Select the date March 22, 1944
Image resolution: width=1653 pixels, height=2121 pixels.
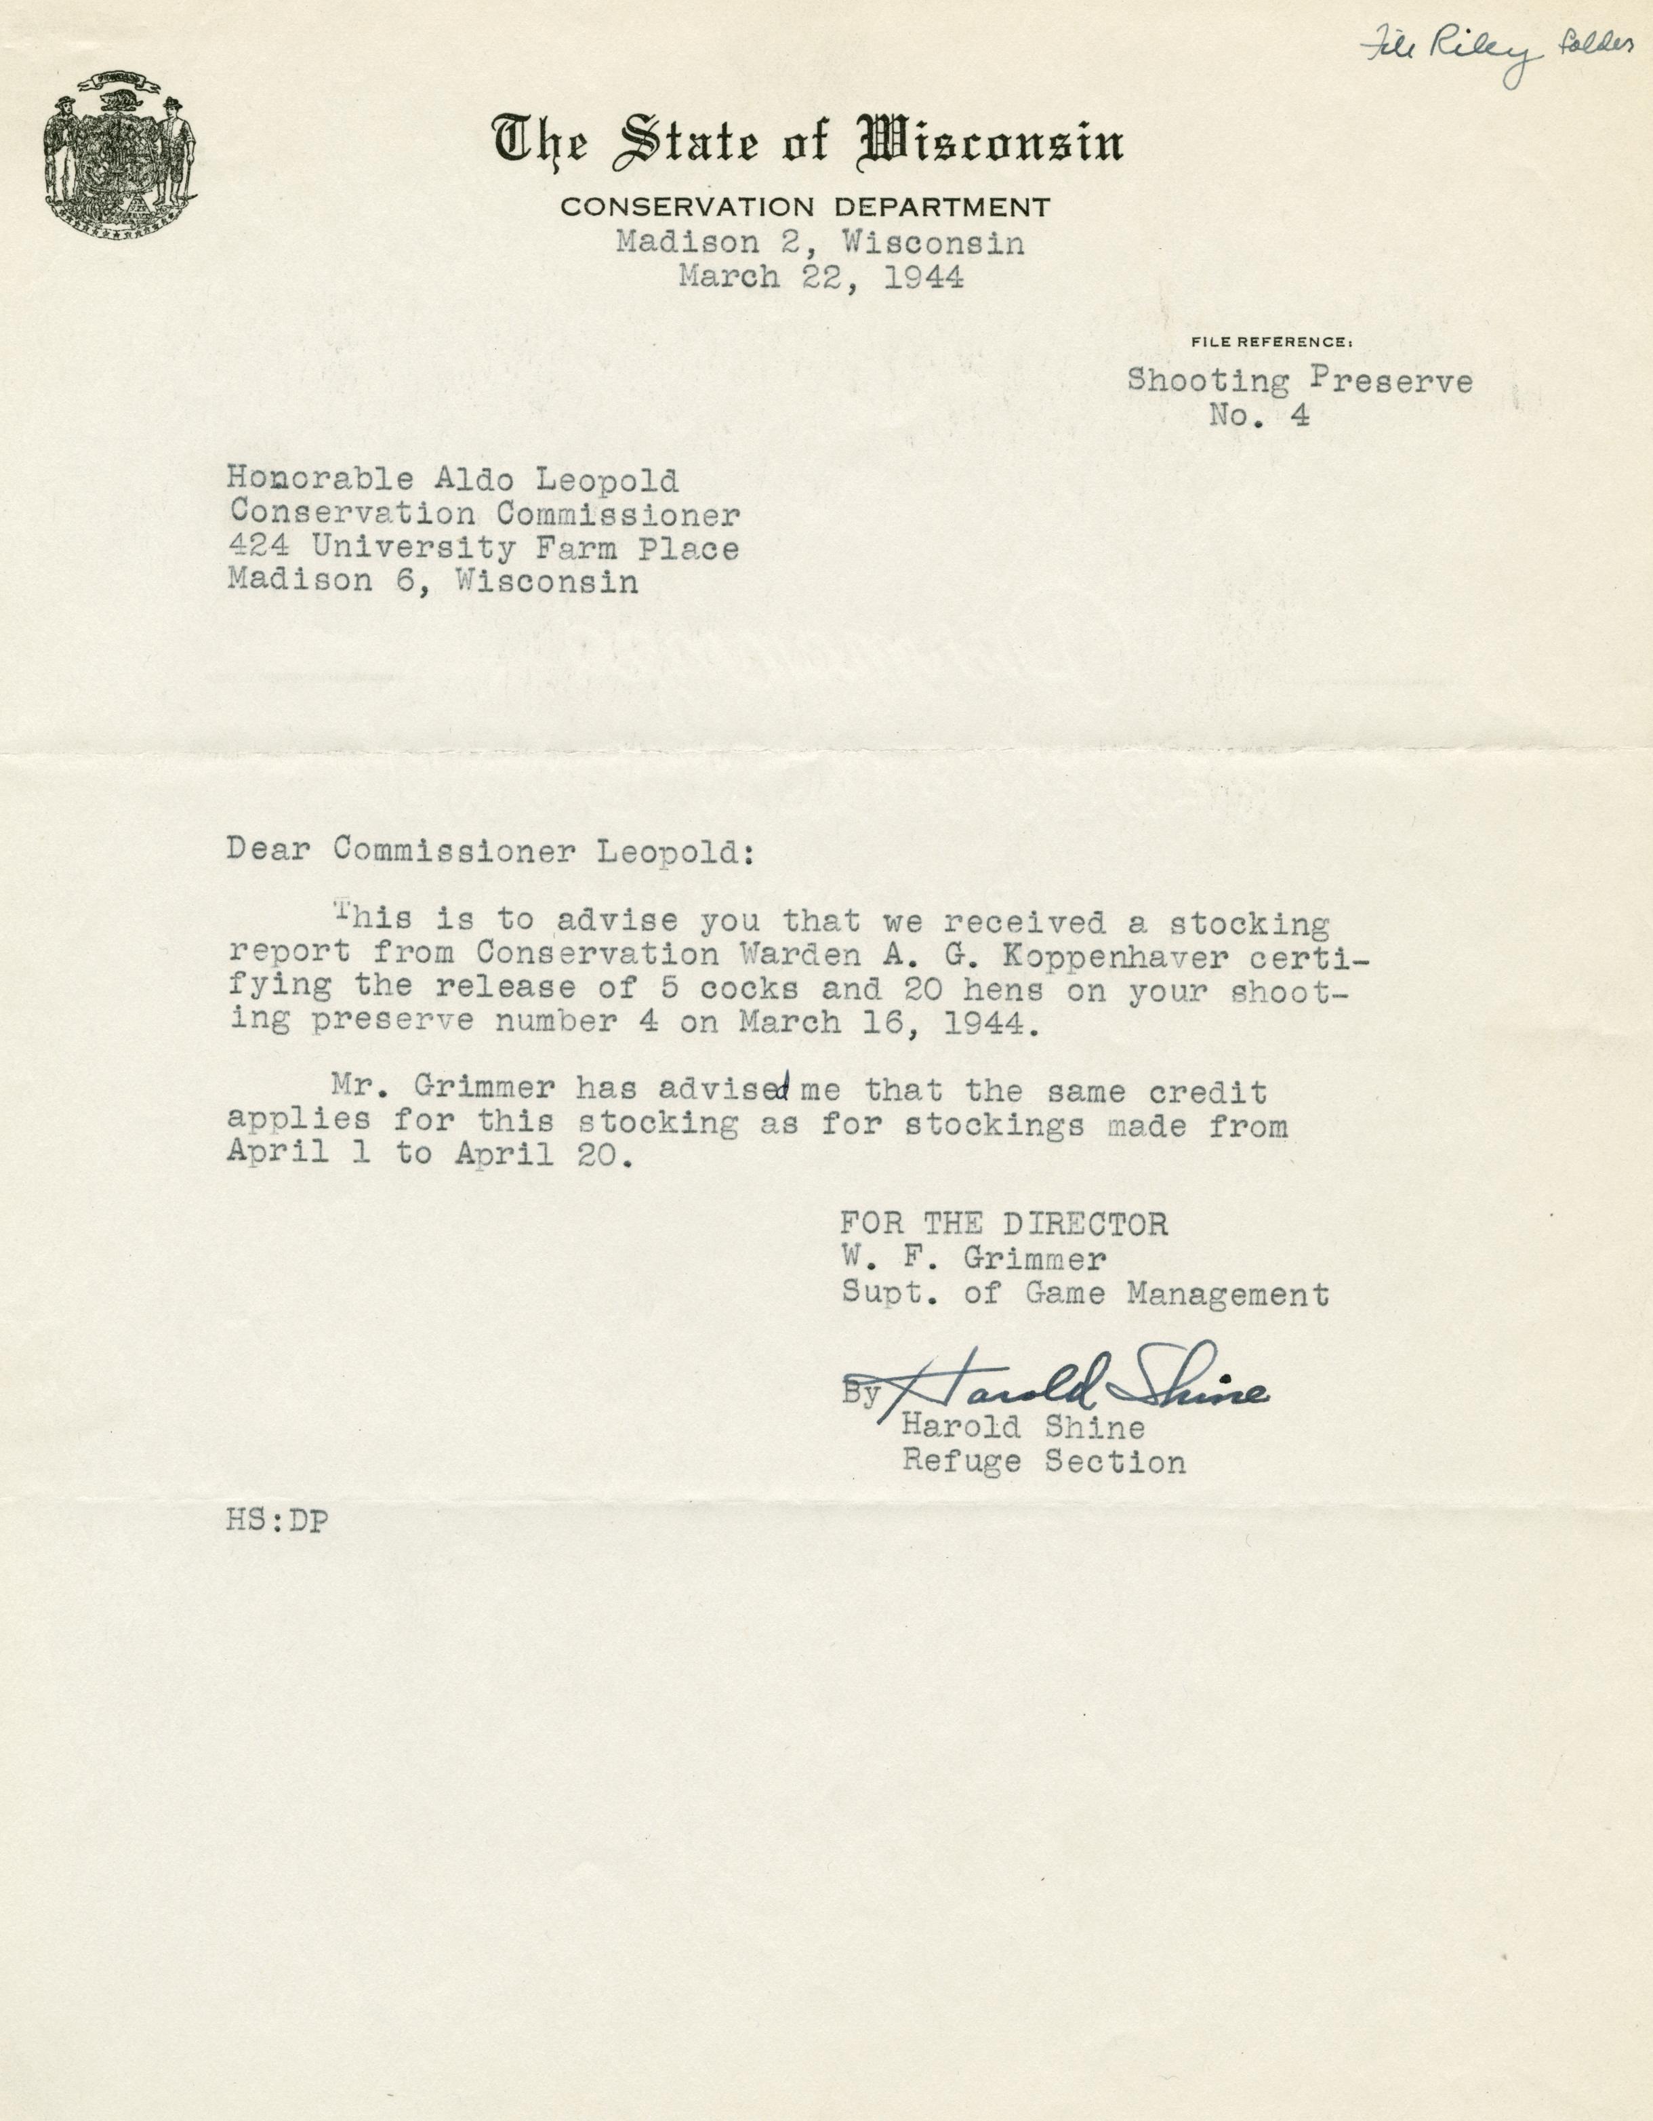tap(821, 278)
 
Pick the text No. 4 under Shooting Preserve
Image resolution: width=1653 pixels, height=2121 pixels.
tap(1260, 416)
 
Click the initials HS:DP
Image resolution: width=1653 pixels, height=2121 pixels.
tap(277, 1522)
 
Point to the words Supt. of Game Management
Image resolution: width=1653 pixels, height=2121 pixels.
tap(1084, 1295)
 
